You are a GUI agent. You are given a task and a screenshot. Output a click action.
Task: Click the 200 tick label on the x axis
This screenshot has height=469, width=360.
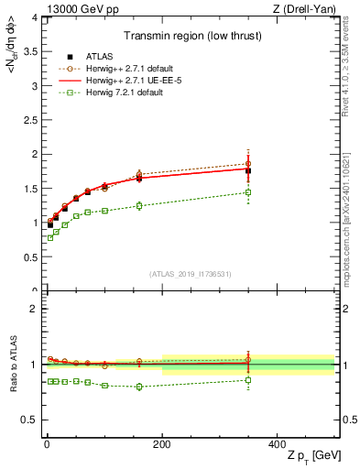pyautogui.click(x=162, y=444)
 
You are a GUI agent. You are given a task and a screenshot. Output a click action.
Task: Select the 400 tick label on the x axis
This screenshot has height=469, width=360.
pyautogui.click(x=278, y=444)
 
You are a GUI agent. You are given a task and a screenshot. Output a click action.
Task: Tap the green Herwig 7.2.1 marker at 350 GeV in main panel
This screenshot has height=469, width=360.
pyautogui.click(x=248, y=192)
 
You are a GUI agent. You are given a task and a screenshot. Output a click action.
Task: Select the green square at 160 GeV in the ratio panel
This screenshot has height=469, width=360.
pyautogui.click(x=139, y=387)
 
